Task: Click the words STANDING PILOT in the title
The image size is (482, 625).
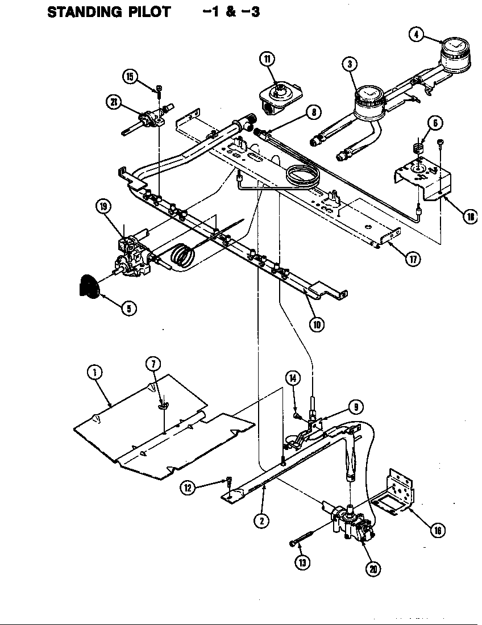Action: point(109,12)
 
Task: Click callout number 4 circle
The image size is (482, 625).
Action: point(417,34)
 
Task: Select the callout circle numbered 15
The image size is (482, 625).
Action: point(131,77)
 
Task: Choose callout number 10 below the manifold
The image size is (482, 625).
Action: point(317,324)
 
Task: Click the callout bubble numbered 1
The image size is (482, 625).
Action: point(95,372)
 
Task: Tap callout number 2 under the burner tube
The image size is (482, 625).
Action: point(261,520)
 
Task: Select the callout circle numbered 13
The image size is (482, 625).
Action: point(302,562)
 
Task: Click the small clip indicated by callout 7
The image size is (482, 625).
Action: point(163,405)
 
